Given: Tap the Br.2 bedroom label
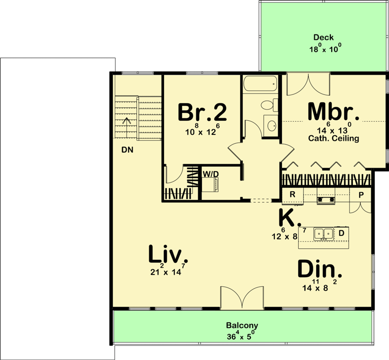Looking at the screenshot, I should pos(202,113).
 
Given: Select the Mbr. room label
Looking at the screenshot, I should pos(334,112).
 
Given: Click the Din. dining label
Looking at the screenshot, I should pos(319,270).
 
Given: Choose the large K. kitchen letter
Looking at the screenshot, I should pos(288,218).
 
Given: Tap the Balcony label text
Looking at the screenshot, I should pos(242,325).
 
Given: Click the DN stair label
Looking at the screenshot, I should pos(127,150).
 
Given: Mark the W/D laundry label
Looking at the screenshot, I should pos(211,174).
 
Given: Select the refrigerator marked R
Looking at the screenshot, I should pos(292,194).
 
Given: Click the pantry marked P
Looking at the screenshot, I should pos(361,194).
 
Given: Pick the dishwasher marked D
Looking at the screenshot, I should pos(342,232).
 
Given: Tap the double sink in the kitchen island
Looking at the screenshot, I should pos(324,233).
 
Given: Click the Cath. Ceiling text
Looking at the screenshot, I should pos(334,139).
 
